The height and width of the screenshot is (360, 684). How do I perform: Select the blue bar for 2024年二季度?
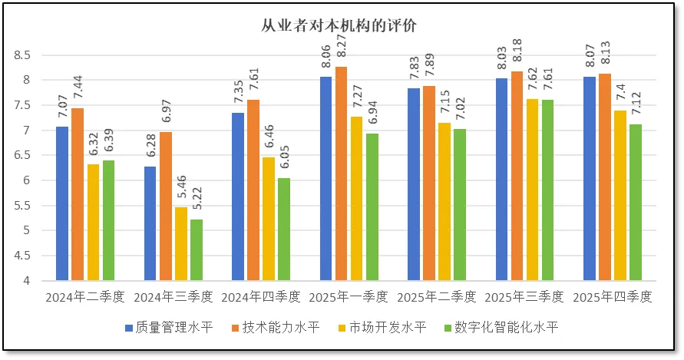tap(62, 203)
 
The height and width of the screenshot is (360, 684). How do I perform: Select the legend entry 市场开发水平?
tap(375, 328)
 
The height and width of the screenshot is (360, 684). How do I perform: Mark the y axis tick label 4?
tap(25, 281)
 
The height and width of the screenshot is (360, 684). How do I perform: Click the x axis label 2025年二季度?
tap(437, 296)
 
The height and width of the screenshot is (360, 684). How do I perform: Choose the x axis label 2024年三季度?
tap(173, 296)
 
